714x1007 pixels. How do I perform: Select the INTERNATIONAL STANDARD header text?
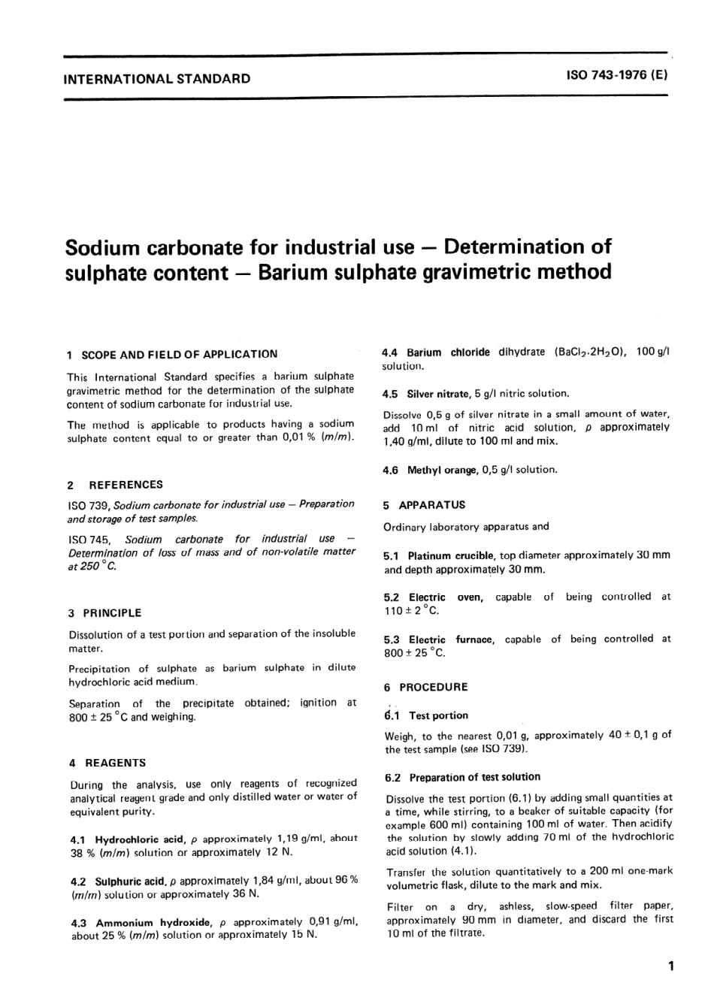click(158, 78)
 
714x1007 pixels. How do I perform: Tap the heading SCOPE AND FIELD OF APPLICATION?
click(179, 354)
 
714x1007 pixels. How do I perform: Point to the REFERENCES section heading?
click(126, 485)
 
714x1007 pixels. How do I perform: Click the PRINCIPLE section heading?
click(112, 613)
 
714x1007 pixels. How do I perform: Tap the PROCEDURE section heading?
click(433, 687)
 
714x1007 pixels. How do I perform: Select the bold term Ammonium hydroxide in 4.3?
click(154, 922)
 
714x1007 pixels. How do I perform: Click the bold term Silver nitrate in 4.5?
click(438, 393)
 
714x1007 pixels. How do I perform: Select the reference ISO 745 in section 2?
click(89, 539)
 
